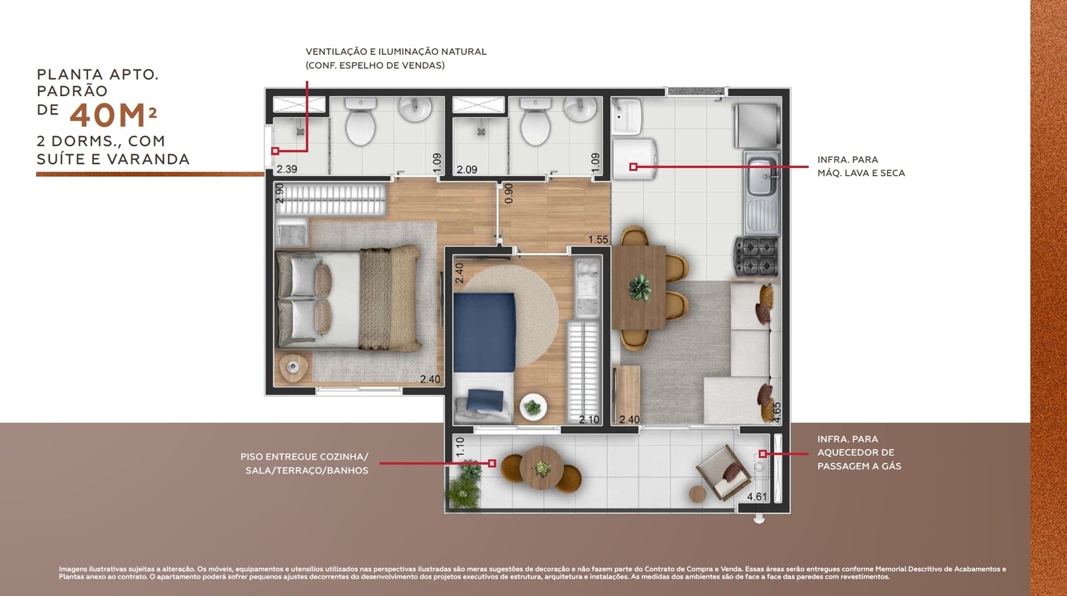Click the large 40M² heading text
(113, 115)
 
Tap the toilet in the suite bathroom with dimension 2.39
(361, 121)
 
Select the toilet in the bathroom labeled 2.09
(536, 121)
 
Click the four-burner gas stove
(756, 256)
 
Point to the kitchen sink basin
(762, 176)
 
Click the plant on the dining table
(640, 287)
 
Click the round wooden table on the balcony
(542, 468)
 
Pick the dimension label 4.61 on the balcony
(756, 496)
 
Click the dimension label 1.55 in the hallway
(598, 240)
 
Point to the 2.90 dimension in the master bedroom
(280, 193)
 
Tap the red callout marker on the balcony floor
(492, 463)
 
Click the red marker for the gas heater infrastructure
(762, 454)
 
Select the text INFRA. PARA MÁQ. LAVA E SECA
(861, 166)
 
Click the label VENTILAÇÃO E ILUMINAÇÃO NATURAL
(396, 52)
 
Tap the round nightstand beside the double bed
(293, 367)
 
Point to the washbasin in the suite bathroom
(416, 108)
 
